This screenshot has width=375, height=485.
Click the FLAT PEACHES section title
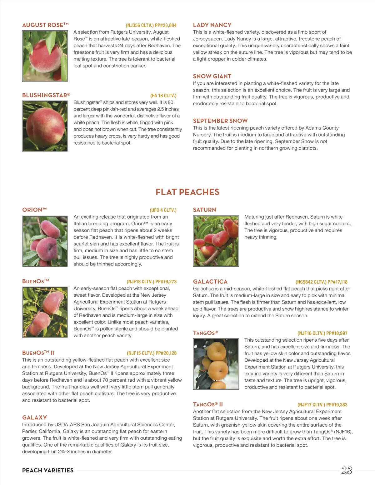[x=187, y=192]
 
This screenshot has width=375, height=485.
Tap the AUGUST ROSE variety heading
[x=45, y=25]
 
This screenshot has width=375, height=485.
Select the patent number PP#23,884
[x=166, y=25]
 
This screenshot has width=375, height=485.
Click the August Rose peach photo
[x=45, y=56]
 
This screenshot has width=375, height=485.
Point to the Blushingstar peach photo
[x=45, y=126]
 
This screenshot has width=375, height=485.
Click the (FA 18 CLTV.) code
[x=163, y=96]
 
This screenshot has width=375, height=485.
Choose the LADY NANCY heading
[x=212, y=25]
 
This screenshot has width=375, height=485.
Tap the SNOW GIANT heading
[x=212, y=76]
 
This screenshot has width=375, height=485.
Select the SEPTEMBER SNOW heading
[x=220, y=121]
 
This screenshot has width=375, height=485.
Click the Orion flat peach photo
[x=45, y=241]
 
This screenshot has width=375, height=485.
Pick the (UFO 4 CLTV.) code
[x=163, y=210]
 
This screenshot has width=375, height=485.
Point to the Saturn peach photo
[x=216, y=241]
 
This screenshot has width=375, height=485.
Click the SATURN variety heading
[x=204, y=210]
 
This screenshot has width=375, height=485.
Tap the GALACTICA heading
[x=210, y=282]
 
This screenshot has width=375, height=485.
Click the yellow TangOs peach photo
[x=216, y=364]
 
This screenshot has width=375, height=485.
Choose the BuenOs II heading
[x=38, y=353]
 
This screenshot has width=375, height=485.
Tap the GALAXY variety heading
[x=35, y=418]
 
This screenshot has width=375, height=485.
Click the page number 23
[x=347, y=470]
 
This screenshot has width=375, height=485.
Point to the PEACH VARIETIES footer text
[x=48, y=470]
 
